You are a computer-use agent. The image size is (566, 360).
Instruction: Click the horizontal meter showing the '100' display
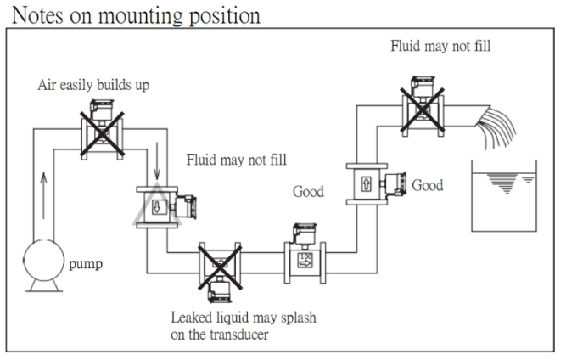306,255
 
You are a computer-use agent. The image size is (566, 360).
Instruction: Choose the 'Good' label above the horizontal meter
309,192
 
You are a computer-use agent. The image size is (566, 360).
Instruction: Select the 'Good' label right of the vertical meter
428,185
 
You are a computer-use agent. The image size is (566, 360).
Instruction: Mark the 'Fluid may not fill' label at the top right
440,47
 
